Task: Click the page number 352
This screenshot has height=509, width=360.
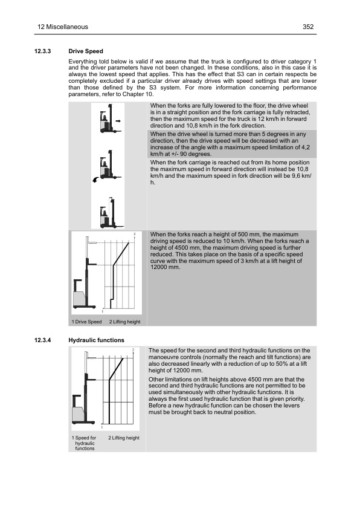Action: point(308,27)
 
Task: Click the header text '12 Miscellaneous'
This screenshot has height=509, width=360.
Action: point(63,27)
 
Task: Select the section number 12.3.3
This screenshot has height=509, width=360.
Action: point(43,51)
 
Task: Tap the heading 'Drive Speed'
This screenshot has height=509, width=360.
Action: point(86,51)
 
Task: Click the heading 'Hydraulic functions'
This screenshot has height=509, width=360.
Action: point(96,340)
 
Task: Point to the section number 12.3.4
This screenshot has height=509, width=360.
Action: point(43,340)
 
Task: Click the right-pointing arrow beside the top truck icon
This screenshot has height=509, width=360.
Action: point(118,121)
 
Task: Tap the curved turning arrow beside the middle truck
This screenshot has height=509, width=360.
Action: point(95,180)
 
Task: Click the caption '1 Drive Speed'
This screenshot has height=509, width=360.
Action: point(86,322)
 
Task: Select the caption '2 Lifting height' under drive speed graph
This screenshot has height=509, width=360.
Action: point(124,322)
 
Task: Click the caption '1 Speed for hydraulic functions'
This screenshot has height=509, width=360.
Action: point(85,443)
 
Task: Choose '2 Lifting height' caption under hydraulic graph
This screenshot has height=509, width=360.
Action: point(124,438)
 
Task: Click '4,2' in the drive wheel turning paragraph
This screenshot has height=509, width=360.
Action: point(306,148)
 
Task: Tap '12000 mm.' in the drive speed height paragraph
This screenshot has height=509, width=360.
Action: point(165,267)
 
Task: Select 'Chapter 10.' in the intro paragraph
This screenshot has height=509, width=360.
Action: point(138,94)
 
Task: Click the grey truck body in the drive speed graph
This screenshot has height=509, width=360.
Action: point(79,299)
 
